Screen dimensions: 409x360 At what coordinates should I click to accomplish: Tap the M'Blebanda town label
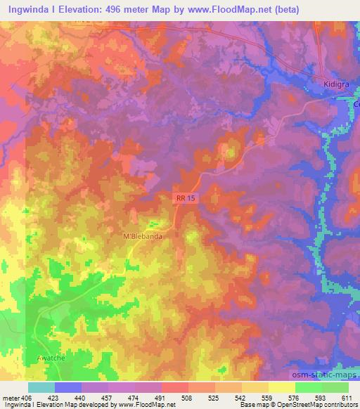pyautogui.click(x=143, y=237)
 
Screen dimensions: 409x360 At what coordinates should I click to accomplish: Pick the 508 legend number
pyautogui.click(x=188, y=396)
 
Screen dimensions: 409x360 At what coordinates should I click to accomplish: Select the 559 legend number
pyautogui.click(x=267, y=396)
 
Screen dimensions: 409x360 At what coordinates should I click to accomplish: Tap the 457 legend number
pyautogui.click(x=108, y=396)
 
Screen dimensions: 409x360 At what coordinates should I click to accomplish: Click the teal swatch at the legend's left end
pyautogui.click(x=41, y=387)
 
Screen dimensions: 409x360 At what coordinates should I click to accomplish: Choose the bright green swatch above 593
pyautogui.click(x=308, y=387)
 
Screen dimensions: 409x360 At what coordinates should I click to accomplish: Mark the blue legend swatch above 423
pyautogui.click(x=68, y=387)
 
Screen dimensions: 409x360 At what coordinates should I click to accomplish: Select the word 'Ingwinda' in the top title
pyautogui.click(x=27, y=9)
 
